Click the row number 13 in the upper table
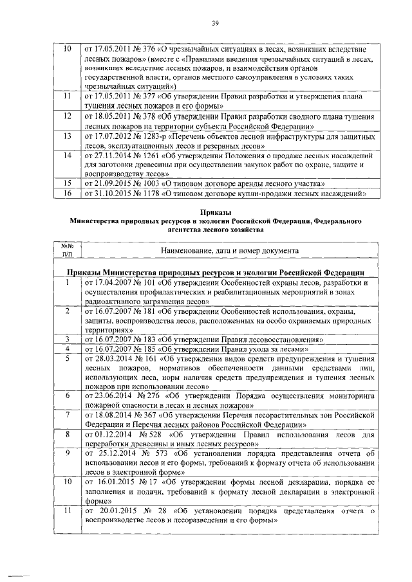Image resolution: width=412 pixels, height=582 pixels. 66,137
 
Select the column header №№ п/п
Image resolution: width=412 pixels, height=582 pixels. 66,250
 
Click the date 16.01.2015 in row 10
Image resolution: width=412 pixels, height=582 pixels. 109,481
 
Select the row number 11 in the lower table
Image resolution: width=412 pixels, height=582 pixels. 66,511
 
